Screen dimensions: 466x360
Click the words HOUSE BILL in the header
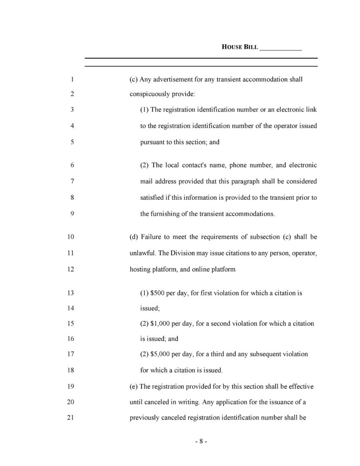(x=239, y=47)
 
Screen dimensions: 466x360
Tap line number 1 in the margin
(x=72, y=80)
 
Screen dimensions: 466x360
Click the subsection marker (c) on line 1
(x=134, y=80)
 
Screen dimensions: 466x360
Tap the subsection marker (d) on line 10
(x=134, y=237)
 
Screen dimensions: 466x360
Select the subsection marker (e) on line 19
(x=134, y=387)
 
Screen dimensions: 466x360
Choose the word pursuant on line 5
(x=153, y=142)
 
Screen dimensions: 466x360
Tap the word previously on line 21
(x=145, y=417)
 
